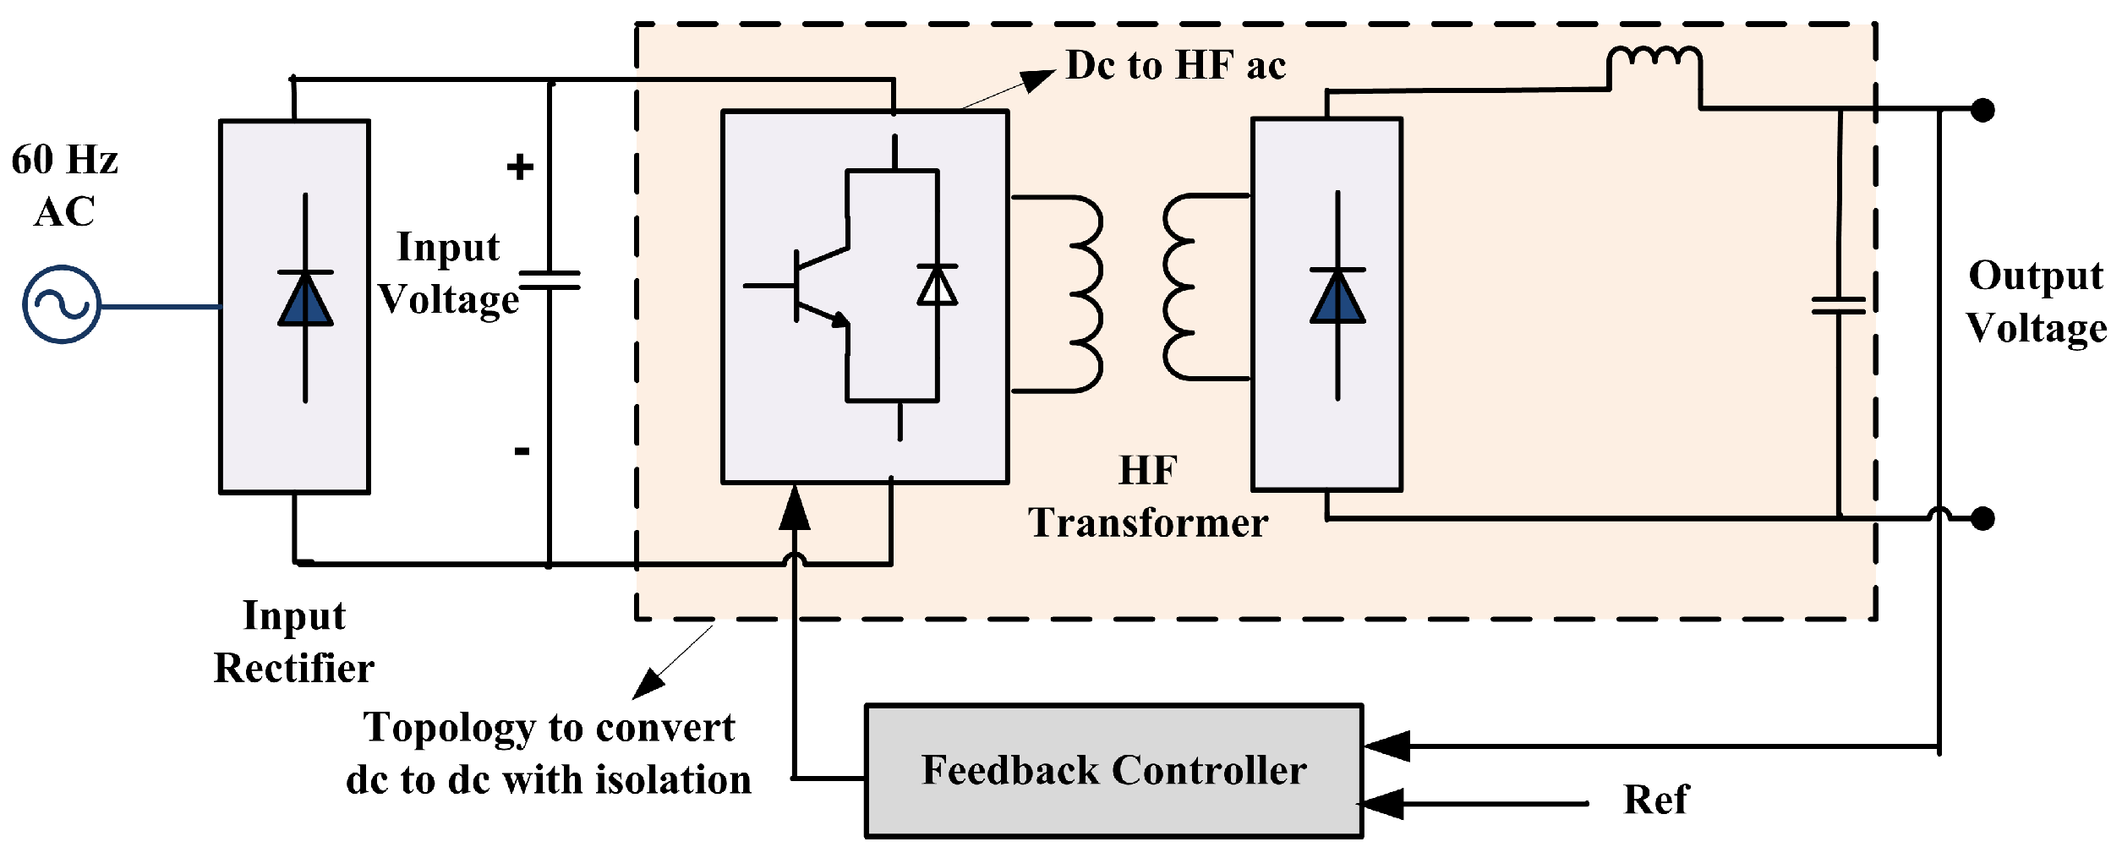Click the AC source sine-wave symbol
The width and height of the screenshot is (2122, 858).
[x=62, y=304]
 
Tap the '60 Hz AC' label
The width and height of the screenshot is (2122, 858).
[x=64, y=185]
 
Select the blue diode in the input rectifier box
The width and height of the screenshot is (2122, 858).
[x=305, y=299]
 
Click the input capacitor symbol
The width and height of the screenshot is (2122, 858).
[x=550, y=281]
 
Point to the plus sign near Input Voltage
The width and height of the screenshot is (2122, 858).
[x=520, y=167]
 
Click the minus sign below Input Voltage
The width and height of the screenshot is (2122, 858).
[x=522, y=451]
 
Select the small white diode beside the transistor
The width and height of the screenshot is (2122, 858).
[x=937, y=286]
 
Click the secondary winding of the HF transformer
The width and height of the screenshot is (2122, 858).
[x=1184, y=287]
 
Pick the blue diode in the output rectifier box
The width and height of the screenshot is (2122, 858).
[x=1337, y=297]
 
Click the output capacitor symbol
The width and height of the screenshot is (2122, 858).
[x=1839, y=306]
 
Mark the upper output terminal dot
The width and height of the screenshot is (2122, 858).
[x=1983, y=110]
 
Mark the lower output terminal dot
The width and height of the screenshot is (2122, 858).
[x=1983, y=518]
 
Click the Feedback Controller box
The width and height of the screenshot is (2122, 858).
[x=1113, y=771]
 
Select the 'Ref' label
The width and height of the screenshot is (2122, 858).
[x=1655, y=800]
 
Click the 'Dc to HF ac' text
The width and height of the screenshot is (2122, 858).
[x=1175, y=66]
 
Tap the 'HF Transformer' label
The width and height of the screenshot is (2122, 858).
[x=1147, y=497]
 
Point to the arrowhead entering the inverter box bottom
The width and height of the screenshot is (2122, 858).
[x=795, y=509]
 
